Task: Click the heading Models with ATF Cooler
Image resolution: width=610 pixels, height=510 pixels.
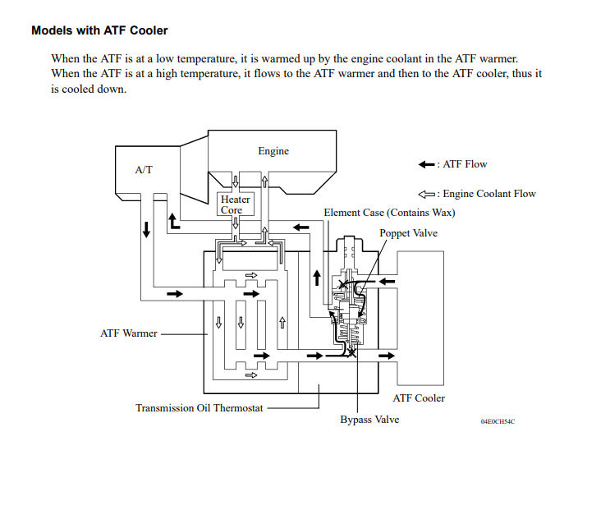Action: (99, 30)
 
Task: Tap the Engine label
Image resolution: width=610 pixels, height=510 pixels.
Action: (273, 151)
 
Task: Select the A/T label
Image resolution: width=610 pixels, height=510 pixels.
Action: (144, 170)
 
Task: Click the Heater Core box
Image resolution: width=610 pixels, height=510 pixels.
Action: (236, 204)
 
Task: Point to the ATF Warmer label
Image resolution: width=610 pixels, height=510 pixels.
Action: (129, 333)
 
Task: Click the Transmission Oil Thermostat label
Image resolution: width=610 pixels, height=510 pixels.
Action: (200, 408)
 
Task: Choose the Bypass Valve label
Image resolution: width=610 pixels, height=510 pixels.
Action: (369, 420)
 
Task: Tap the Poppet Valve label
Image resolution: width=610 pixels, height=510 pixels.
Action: (409, 233)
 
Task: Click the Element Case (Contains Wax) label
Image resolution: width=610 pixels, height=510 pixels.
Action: (389, 213)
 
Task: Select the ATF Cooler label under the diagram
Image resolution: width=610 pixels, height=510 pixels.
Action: (419, 398)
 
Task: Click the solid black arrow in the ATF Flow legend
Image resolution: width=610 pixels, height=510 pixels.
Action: (426, 164)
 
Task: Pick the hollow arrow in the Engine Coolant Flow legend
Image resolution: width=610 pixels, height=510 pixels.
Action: (426, 194)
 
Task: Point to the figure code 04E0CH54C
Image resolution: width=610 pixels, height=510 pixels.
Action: (498, 421)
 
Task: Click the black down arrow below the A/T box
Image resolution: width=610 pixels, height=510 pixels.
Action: (146, 229)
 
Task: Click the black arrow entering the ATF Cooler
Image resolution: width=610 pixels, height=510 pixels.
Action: (387, 356)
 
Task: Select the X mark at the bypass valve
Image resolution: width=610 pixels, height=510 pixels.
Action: (351, 353)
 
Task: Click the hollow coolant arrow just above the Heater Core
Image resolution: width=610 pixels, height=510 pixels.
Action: (236, 181)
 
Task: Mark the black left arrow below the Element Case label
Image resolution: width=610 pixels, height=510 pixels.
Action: (300, 227)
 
